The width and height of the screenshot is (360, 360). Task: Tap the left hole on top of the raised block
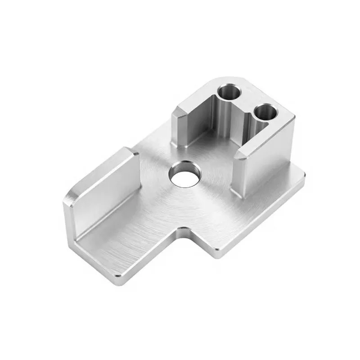coord(228,93)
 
